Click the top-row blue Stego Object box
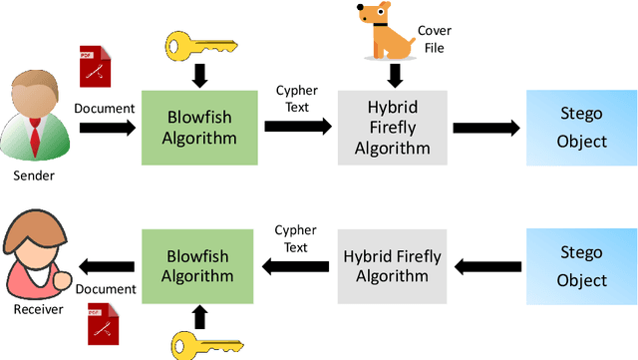tap(582, 128)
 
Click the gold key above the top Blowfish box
tap(199, 44)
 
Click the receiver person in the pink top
tap(34, 262)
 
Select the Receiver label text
tap(37, 308)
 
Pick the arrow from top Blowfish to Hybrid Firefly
tap(297, 127)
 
